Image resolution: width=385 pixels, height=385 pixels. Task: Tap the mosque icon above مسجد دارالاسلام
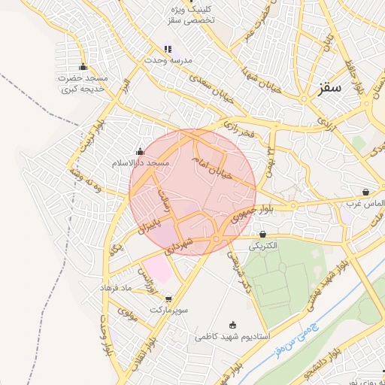140,151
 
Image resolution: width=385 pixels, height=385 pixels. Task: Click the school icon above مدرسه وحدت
168,48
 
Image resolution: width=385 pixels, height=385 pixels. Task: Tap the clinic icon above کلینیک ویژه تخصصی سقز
192,2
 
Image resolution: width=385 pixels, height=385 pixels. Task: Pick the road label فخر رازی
240,132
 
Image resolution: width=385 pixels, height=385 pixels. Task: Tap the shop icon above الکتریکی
262,234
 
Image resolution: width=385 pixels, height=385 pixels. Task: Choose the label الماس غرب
365,202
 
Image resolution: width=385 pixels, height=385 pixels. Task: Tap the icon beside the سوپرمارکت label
168,299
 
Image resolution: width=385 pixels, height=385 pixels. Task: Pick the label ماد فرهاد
117,288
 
